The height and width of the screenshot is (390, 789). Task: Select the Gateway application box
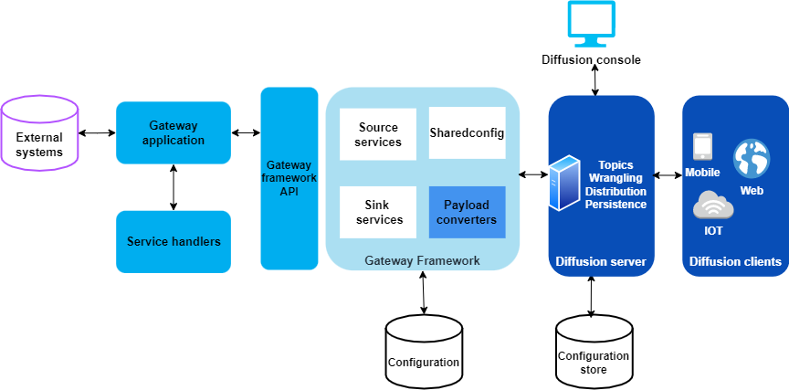173,132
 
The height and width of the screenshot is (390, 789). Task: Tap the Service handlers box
173,241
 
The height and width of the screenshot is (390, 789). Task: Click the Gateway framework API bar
289,178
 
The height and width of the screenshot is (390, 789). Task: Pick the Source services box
379,134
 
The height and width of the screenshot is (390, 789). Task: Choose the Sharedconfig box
467,133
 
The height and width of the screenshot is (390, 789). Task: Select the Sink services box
379,213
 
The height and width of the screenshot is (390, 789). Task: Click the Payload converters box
467,213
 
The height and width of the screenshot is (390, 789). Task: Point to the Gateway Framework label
422,260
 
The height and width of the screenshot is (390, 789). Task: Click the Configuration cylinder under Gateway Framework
423,353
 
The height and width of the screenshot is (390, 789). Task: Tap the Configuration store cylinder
593,353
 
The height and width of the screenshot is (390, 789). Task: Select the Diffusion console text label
591,60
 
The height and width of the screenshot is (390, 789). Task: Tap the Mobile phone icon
702,147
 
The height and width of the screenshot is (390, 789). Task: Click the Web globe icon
752,159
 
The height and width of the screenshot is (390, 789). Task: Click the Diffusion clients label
734,262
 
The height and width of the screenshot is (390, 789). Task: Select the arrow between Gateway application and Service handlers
173,187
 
